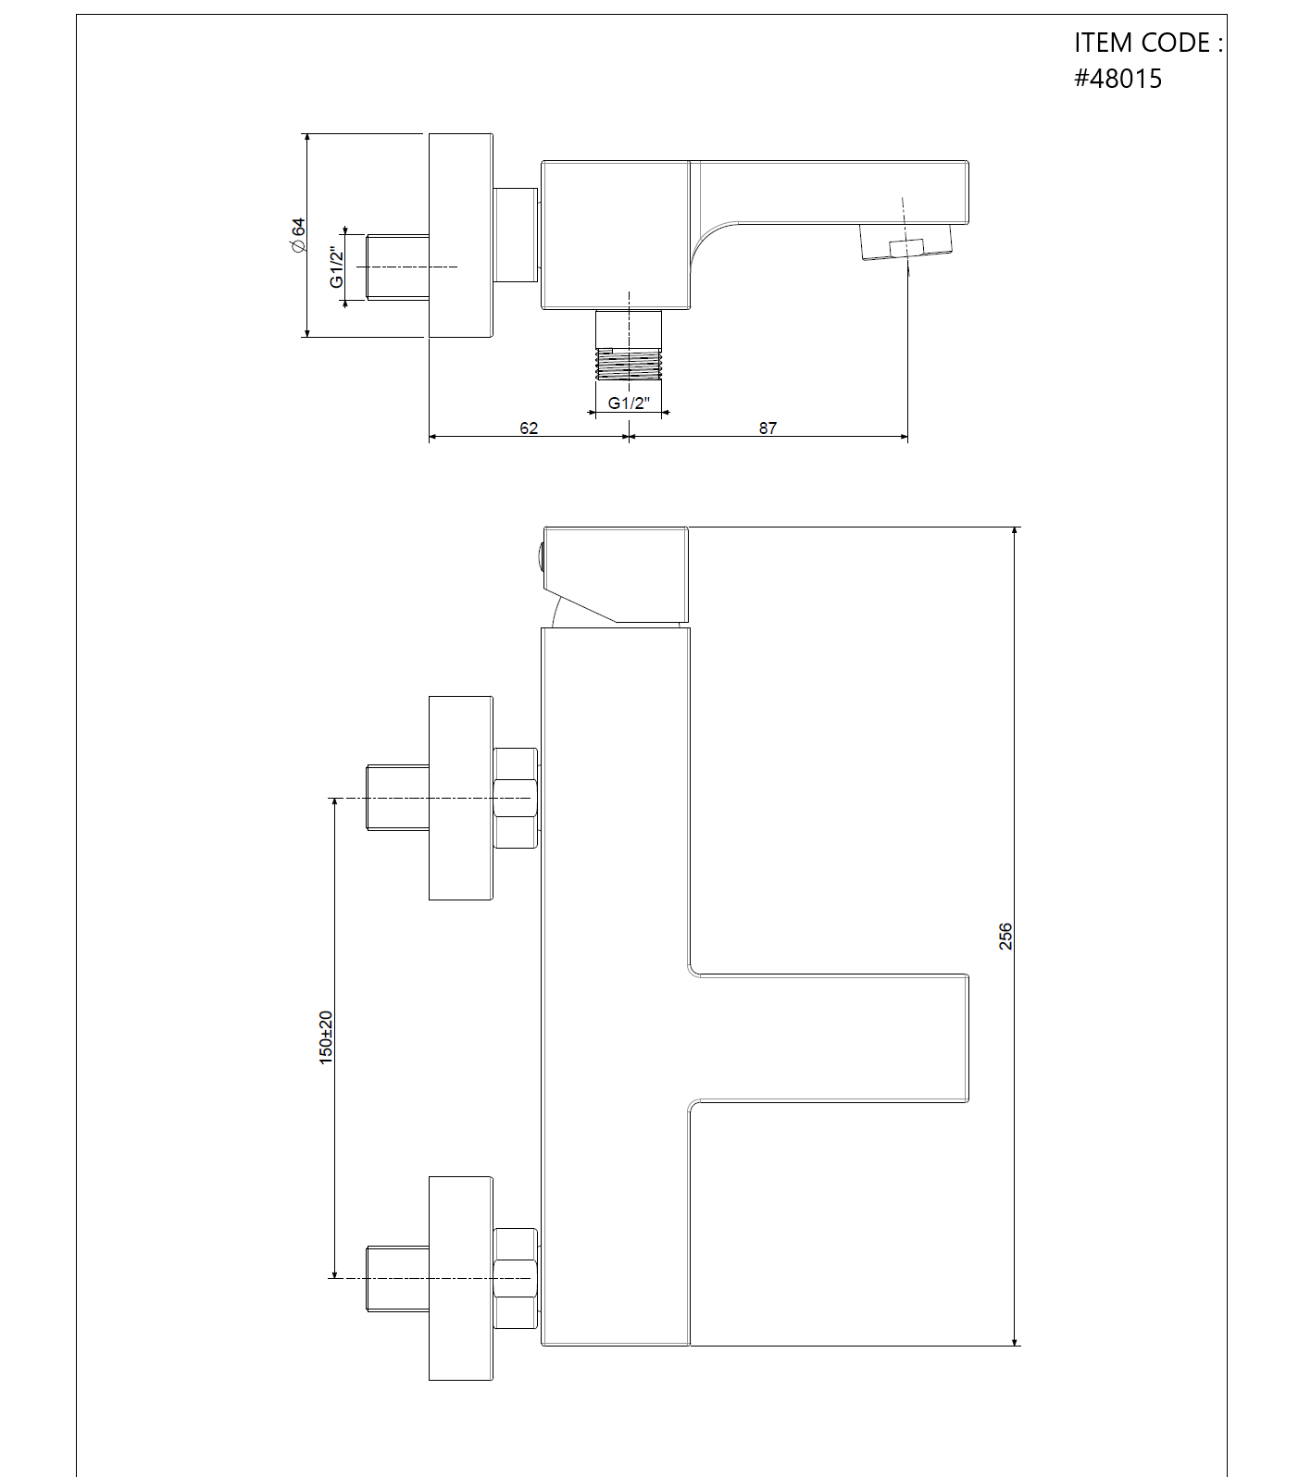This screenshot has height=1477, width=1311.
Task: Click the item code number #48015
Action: click(1117, 79)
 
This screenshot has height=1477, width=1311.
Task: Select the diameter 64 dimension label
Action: click(297, 235)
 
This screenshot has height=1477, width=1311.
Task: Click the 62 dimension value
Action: click(529, 428)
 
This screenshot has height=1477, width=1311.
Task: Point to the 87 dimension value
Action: click(768, 428)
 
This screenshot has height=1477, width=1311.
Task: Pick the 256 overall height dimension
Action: click(1006, 936)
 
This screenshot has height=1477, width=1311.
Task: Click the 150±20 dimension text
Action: click(326, 1037)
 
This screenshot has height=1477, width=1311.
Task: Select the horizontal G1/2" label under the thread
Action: click(629, 403)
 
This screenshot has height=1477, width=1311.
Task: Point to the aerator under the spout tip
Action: click(906, 242)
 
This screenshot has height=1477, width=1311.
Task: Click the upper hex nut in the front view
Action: click(516, 798)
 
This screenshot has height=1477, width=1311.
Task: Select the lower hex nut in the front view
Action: click(516, 1278)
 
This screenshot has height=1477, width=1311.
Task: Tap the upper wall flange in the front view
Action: click(461, 798)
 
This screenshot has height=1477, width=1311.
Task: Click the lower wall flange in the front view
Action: click(461, 1278)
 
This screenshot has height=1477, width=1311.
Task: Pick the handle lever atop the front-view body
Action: click(617, 574)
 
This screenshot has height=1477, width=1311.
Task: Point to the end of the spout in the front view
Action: click(968, 1037)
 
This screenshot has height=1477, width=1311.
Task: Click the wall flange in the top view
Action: click(460, 235)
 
